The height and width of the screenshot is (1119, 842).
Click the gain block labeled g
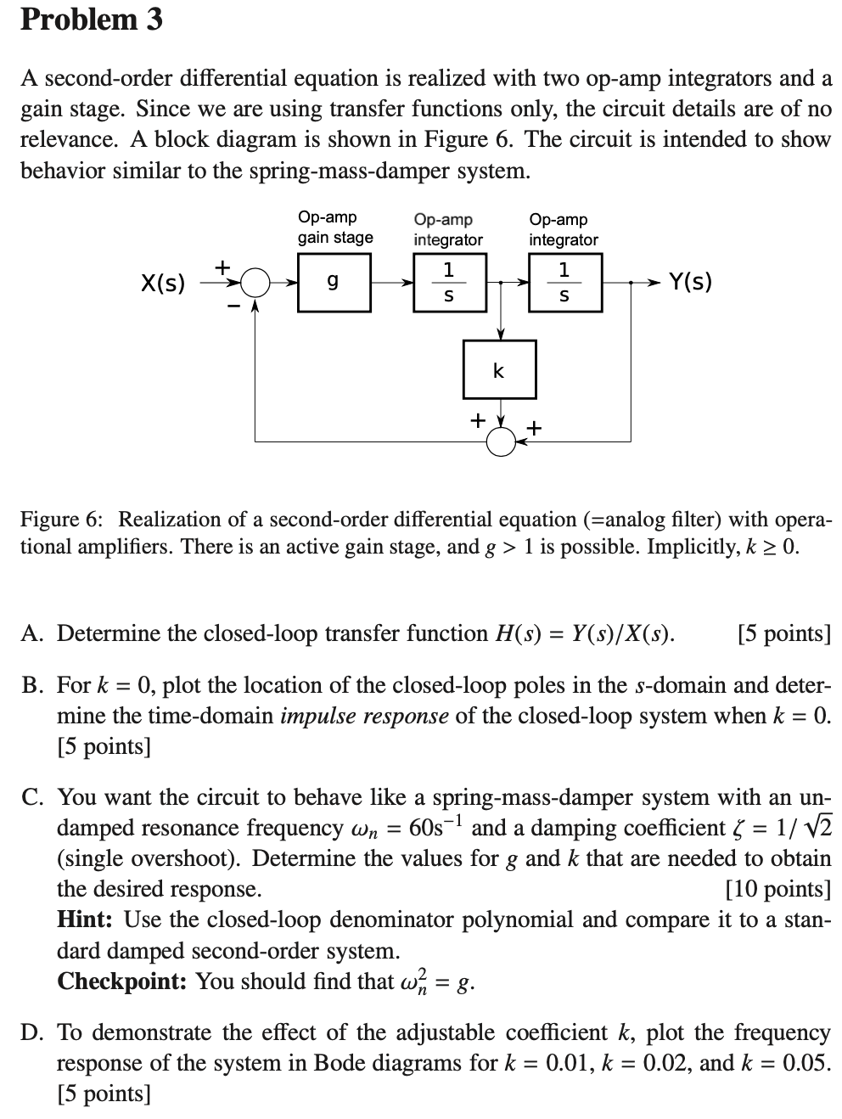point(334,282)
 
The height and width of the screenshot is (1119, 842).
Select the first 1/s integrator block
point(448,282)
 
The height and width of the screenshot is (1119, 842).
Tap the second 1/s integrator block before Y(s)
point(564,282)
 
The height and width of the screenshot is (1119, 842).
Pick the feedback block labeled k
point(499,369)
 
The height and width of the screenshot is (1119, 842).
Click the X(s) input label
point(162,283)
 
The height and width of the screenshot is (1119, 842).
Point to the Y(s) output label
point(690,281)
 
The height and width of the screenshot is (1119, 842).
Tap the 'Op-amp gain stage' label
point(334,228)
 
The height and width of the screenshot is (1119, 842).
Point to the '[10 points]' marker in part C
point(778,889)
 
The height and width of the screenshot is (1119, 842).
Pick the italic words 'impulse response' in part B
point(364,716)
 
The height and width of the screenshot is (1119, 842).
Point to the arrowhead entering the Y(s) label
point(655,283)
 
